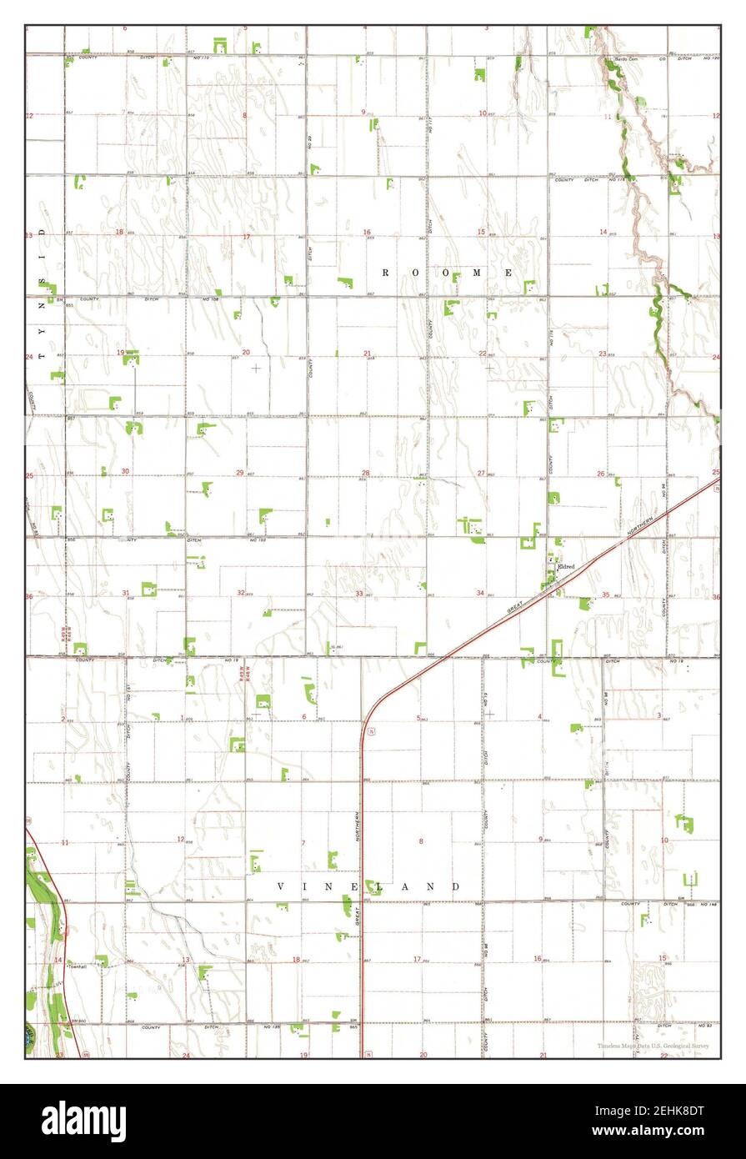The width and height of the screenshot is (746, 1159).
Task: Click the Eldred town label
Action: tap(566, 566)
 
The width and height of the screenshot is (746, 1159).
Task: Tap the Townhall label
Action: tap(78, 967)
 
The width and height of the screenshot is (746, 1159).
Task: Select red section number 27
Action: tap(481, 474)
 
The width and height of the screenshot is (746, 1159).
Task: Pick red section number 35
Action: tap(606, 595)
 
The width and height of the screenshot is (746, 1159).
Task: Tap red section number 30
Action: tap(125, 471)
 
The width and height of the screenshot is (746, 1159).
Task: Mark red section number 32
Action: tap(242, 593)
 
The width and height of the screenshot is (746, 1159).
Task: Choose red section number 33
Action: tap(360, 594)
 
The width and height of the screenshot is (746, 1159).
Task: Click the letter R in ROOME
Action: tap(387, 273)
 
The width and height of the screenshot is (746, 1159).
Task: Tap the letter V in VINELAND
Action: tap(280, 886)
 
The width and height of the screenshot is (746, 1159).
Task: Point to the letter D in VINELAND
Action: tap(456, 886)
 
